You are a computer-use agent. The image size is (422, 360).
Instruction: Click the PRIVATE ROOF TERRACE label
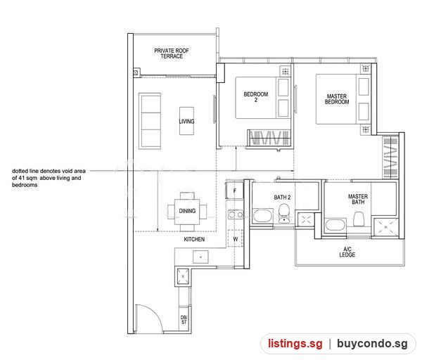point(172,53)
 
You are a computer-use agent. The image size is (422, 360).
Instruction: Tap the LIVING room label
point(186,122)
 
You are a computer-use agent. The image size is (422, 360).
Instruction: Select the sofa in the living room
point(150,121)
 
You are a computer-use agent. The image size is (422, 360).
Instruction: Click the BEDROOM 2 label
point(256,97)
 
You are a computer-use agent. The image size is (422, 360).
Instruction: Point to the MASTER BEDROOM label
point(337,99)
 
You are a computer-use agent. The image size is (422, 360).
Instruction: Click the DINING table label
point(187,211)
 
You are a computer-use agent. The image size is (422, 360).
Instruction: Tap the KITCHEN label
point(194,239)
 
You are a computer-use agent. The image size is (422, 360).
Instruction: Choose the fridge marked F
point(234,191)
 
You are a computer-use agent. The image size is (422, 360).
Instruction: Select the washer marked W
point(236,238)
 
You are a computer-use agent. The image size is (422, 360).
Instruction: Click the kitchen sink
point(200,257)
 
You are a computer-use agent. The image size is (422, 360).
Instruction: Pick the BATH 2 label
point(282,197)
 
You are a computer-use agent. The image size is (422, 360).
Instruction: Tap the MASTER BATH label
point(358,199)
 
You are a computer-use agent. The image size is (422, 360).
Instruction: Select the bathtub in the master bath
point(335,225)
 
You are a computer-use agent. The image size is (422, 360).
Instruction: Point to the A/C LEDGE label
point(347,252)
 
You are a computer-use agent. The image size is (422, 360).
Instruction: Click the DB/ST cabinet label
point(184,320)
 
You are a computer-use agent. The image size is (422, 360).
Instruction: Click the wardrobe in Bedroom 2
point(269,138)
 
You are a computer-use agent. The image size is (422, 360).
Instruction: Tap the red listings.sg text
point(295,344)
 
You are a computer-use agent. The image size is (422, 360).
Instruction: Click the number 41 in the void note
point(22,178)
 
